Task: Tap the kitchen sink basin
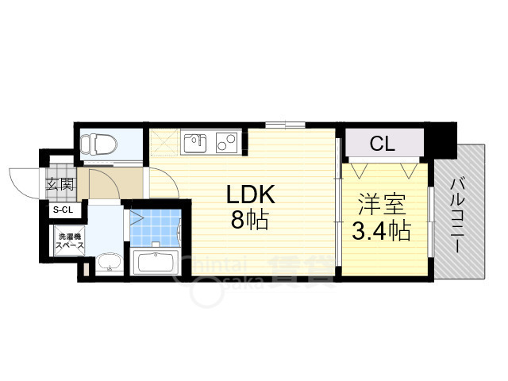[194, 143]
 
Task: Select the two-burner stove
[225, 143]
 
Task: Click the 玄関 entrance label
[60, 186]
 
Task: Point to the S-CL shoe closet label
[63, 210]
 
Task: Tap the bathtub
[155, 261]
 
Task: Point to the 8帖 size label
[250, 221]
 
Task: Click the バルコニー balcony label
[459, 214]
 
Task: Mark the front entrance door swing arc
[24, 181]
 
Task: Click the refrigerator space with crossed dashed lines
[165, 143]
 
